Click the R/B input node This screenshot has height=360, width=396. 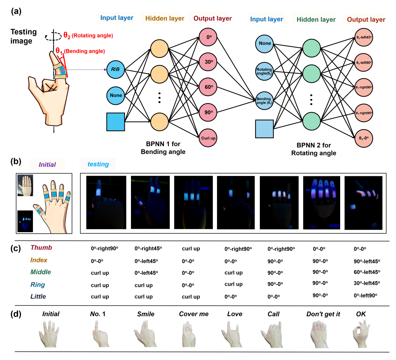(115, 70)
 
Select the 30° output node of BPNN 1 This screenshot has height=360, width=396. (208, 61)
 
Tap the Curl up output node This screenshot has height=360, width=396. (208, 138)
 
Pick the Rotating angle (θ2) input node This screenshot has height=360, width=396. (264, 72)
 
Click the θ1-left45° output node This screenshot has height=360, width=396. (364, 37)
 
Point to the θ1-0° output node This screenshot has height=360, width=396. (364, 138)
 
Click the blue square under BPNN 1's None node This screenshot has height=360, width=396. (116, 122)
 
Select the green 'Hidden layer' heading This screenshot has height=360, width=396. (316, 20)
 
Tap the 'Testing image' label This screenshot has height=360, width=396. (23, 36)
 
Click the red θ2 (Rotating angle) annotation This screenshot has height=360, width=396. (88, 35)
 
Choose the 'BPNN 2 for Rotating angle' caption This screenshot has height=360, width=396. (313, 149)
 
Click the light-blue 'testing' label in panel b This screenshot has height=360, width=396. (98, 164)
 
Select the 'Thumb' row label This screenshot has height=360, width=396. (41, 248)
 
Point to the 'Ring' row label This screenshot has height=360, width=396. (38, 285)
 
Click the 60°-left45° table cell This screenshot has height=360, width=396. (367, 272)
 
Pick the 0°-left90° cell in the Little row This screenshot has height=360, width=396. (365, 295)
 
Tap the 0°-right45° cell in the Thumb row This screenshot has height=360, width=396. (148, 249)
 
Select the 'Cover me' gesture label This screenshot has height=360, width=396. (194, 314)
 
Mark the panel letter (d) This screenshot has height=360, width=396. (16, 314)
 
